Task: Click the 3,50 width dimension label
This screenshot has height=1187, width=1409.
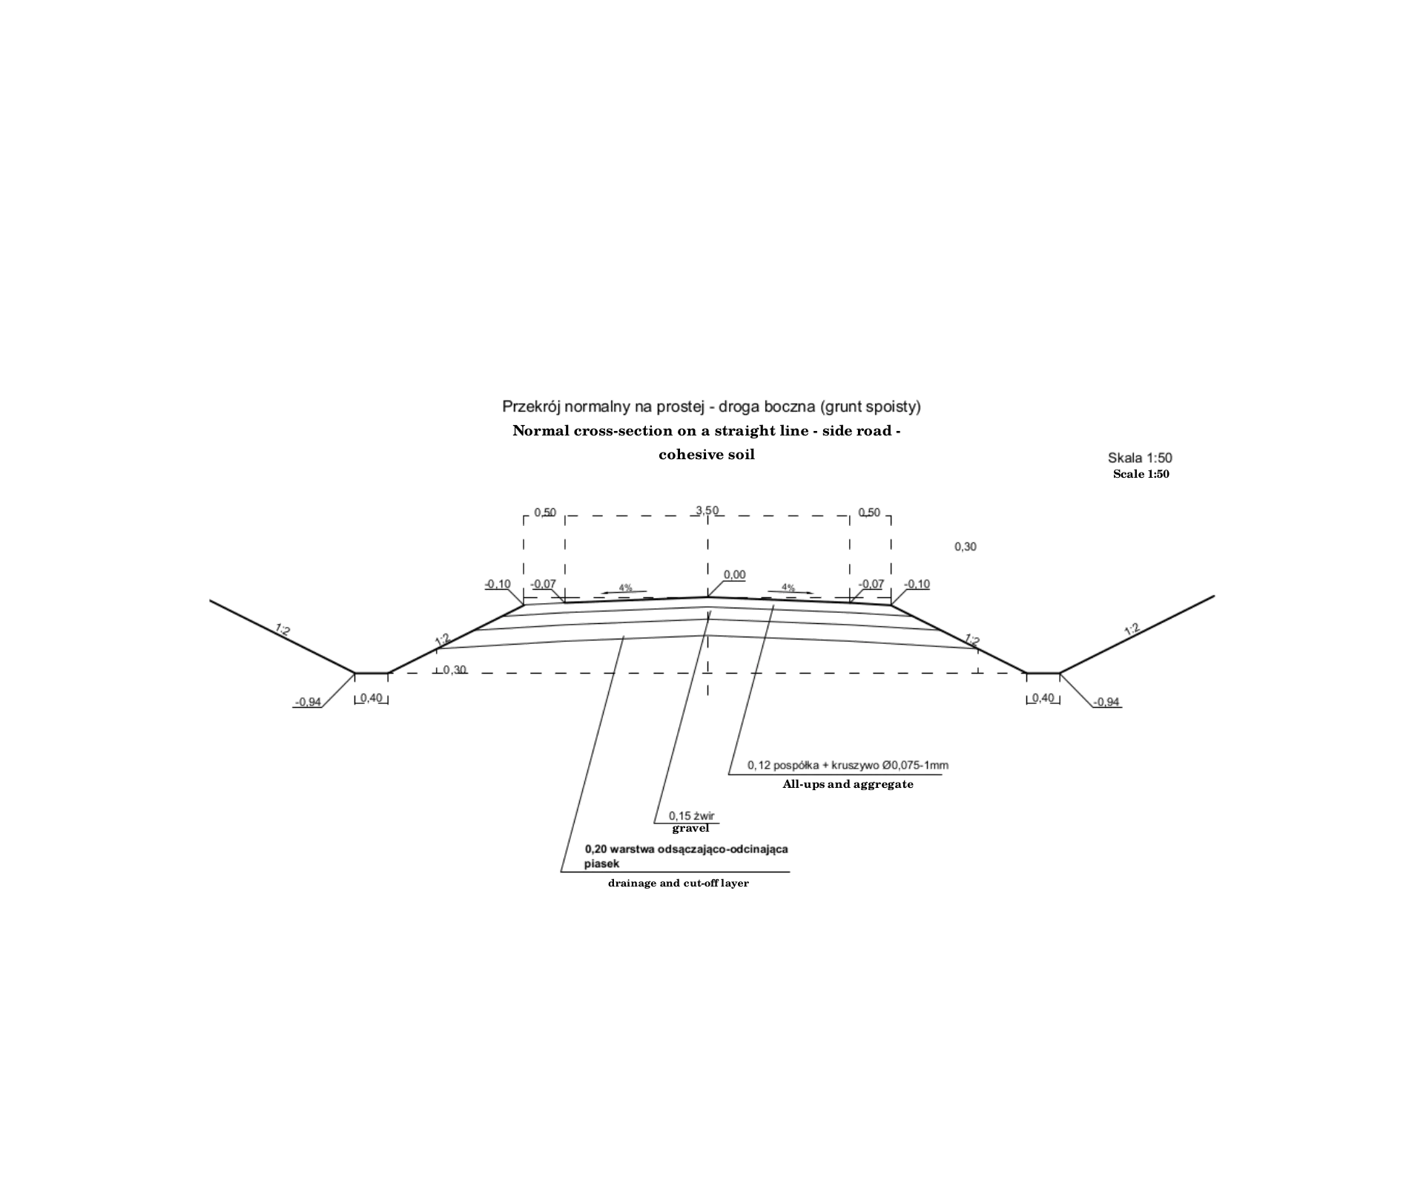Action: pyautogui.click(x=707, y=510)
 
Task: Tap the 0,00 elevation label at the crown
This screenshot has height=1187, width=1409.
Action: pyautogui.click(x=734, y=575)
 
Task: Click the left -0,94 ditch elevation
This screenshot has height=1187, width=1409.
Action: pyautogui.click(x=308, y=702)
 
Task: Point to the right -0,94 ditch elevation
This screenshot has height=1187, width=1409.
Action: pyautogui.click(x=1106, y=702)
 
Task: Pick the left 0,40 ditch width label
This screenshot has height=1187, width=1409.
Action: pyautogui.click(x=372, y=698)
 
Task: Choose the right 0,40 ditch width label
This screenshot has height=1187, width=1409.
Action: pyautogui.click(x=1043, y=698)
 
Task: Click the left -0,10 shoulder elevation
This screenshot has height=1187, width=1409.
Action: pyautogui.click(x=498, y=584)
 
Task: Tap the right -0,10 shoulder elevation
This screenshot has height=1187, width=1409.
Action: pyautogui.click(x=917, y=584)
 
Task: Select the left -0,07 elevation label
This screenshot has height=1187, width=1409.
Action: pyautogui.click(x=543, y=584)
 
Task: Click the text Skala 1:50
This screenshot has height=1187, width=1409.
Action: pyautogui.click(x=1140, y=458)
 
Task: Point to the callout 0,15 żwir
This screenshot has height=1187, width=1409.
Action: pyautogui.click(x=691, y=816)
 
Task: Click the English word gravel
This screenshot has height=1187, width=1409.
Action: pyautogui.click(x=690, y=829)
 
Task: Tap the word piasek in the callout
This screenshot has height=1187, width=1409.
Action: pyautogui.click(x=601, y=864)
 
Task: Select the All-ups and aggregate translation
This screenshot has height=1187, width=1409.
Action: pyautogui.click(x=848, y=784)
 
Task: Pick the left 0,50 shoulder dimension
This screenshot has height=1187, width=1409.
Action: pyautogui.click(x=545, y=513)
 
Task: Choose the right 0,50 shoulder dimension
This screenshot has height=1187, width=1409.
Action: pyautogui.click(x=869, y=513)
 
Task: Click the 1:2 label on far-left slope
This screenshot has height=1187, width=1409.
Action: pyautogui.click(x=283, y=630)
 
